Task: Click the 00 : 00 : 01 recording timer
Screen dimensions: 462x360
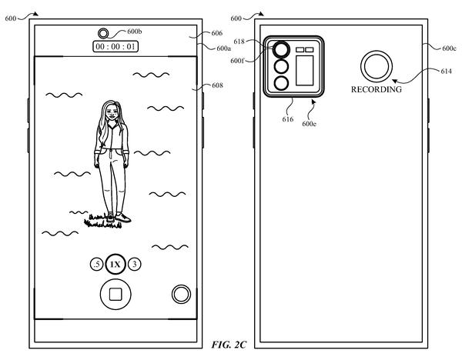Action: point(115,46)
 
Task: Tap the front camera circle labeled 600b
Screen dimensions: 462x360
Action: point(103,33)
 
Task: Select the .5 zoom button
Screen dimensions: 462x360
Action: point(97,265)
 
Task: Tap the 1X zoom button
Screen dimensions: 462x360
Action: point(115,265)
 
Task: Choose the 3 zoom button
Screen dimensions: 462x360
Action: point(134,264)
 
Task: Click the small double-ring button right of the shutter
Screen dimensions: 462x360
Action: point(181,294)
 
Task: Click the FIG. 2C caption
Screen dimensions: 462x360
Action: point(229,345)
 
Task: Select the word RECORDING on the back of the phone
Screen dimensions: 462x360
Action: point(377,89)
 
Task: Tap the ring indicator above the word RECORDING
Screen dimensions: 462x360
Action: point(377,66)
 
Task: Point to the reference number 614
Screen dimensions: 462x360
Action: point(446,72)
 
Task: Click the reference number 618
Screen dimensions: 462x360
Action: point(239,42)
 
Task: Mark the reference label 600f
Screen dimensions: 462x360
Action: point(237,61)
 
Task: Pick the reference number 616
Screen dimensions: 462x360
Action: point(287,119)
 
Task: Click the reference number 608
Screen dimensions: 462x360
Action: point(217,85)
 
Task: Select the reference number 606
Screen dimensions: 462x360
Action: point(217,33)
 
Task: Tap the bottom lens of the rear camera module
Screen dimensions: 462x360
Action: point(281,83)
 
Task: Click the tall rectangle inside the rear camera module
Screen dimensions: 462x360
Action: point(305,71)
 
